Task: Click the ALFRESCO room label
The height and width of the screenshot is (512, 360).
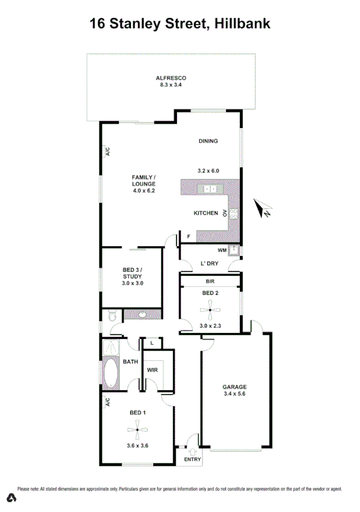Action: [x=170, y=78]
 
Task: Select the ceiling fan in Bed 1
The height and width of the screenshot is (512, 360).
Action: [x=138, y=430]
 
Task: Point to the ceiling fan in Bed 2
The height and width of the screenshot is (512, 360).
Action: [x=211, y=313]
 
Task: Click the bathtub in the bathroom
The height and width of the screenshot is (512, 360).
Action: [x=111, y=374]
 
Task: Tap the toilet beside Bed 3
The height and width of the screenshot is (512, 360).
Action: [x=110, y=316]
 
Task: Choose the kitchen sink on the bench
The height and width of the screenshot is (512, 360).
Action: [x=210, y=189]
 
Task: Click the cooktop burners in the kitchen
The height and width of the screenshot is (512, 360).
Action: [x=233, y=213]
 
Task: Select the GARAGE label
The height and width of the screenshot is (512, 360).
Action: [x=234, y=386]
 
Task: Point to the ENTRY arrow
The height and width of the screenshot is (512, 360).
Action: [x=193, y=451]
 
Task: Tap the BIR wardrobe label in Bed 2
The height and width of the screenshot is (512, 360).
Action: [x=210, y=281]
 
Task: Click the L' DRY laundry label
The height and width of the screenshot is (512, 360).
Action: [x=209, y=263]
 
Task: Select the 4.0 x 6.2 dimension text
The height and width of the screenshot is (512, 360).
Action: [x=144, y=190]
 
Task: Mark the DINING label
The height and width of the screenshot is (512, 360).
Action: [x=208, y=141]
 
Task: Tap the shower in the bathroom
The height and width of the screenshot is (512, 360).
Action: [x=111, y=348]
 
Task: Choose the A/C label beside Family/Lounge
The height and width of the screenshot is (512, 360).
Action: [x=107, y=152]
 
